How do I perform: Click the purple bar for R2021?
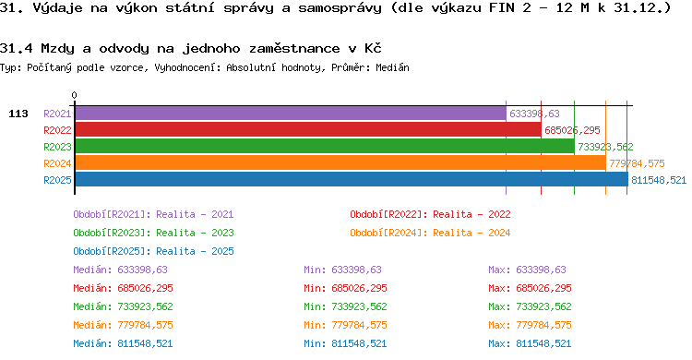coord(291,114)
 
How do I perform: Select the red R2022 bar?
coord(308,130)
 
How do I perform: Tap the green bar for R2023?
coord(325,146)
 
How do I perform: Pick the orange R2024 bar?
coord(340,163)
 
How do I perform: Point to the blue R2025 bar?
coord(352,179)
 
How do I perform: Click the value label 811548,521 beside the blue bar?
coord(659,180)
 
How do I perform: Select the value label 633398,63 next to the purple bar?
coord(534,114)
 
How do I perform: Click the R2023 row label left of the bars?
coord(57,147)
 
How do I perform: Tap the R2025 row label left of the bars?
coord(57,180)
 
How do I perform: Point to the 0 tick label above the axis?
coord(74,95)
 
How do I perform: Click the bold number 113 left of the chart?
coord(18,114)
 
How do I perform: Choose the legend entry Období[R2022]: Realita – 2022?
coord(430,214)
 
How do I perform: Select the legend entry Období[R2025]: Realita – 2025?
coord(153,251)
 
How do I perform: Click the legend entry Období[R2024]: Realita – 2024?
coord(430,233)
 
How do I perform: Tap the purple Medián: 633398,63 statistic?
coord(121,270)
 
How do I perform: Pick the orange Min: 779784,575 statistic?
coord(345,325)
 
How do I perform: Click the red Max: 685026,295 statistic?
coord(530,288)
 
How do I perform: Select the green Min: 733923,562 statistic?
coord(345,306)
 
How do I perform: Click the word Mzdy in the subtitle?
coord(57,48)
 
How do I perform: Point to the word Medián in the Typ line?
coord(392,67)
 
